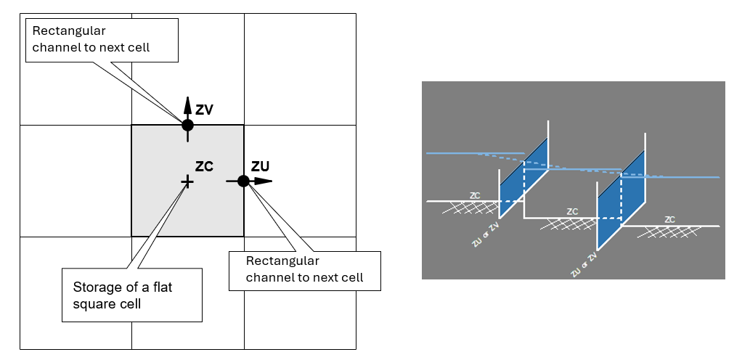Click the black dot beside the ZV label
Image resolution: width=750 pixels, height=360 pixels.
[187, 125]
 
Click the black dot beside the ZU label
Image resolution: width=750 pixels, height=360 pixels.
[243, 181]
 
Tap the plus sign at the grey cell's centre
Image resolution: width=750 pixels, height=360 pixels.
[187, 181]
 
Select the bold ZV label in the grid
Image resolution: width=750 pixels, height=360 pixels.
[205, 110]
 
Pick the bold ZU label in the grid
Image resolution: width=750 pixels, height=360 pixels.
[260, 166]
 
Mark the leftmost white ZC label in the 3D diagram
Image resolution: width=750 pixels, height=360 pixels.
[475, 195]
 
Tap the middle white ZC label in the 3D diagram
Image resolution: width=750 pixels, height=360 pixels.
[572, 212]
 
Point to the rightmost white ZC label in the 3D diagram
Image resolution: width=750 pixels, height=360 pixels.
[670, 219]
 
